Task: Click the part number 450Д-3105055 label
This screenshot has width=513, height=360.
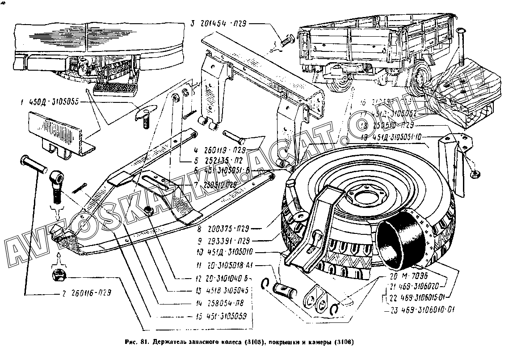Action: [53, 102]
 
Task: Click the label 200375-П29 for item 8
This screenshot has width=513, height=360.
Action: [224, 231]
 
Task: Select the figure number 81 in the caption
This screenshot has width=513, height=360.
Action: [143, 343]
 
